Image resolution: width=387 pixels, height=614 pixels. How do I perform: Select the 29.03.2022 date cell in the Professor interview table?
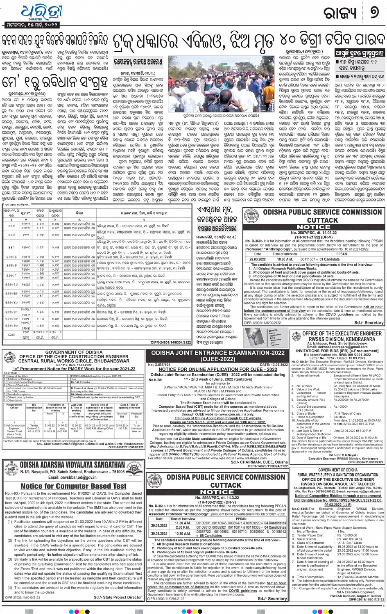[257, 259]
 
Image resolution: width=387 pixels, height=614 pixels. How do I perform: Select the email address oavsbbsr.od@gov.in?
[72, 477]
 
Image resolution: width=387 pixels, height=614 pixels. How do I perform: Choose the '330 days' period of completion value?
[340, 417]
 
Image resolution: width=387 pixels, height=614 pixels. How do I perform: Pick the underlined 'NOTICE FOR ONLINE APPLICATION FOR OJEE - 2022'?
[217, 369]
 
